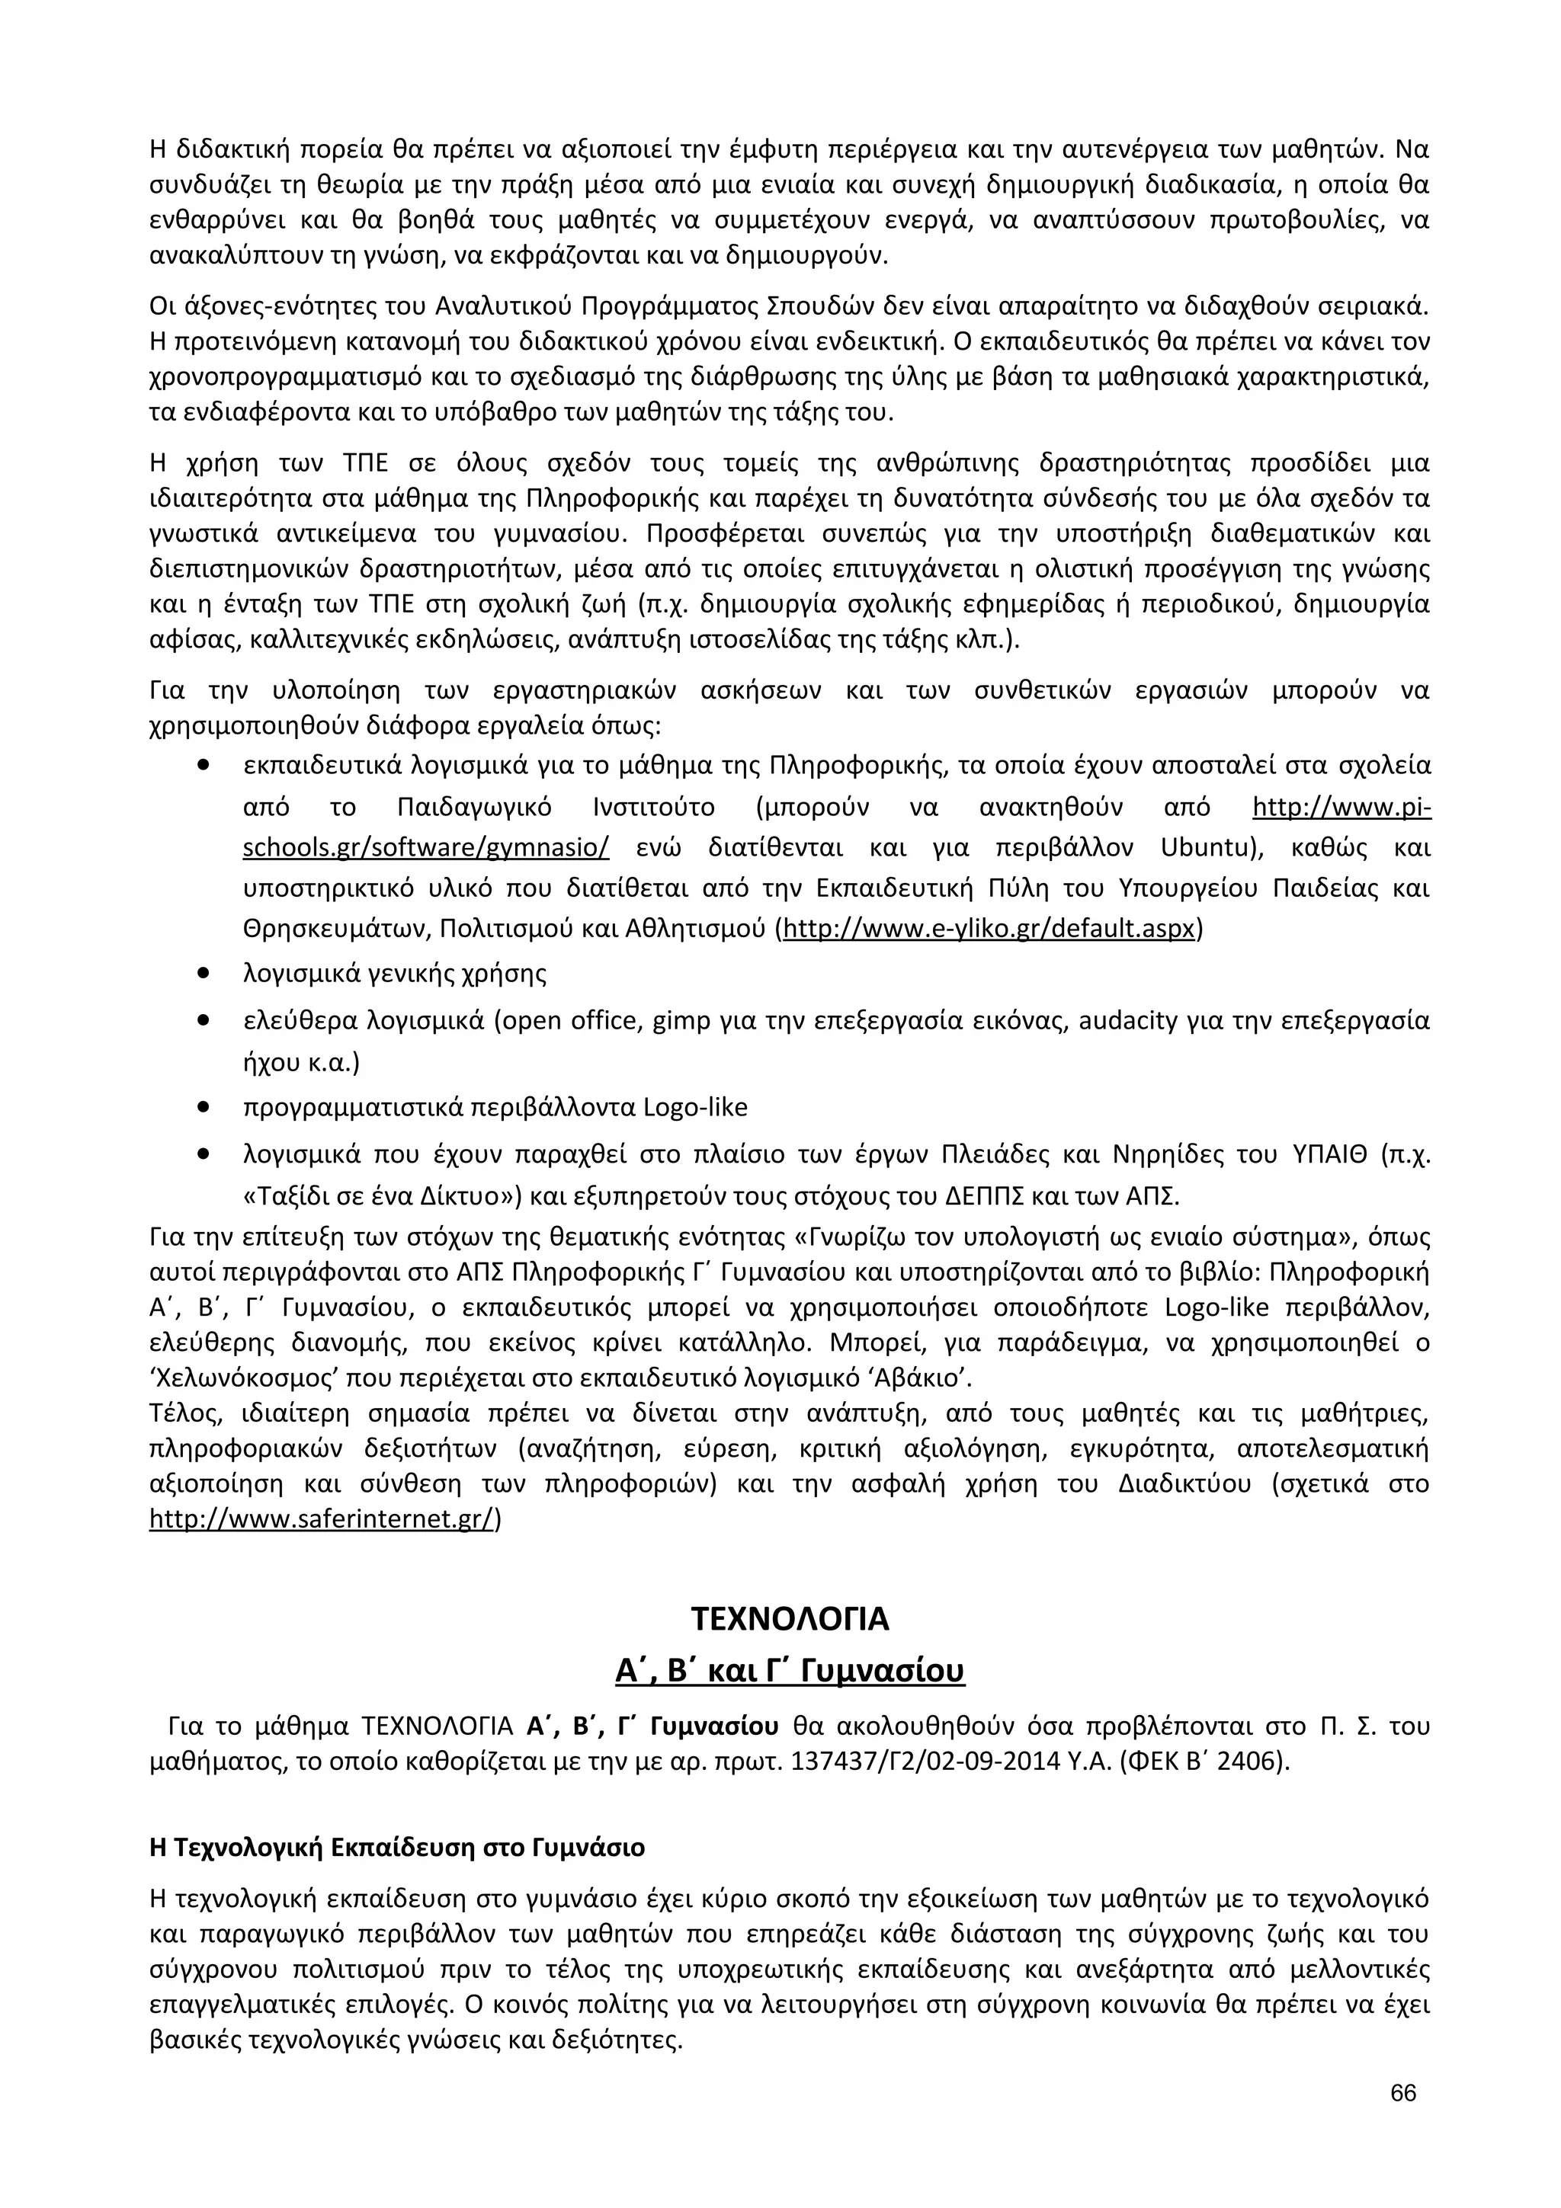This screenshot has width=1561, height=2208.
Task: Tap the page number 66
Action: point(1403,2094)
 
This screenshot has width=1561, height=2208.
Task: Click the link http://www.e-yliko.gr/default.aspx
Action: point(989,929)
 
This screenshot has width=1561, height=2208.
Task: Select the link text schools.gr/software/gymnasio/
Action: point(426,848)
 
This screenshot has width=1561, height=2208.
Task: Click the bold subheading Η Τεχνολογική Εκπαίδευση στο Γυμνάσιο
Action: point(397,1848)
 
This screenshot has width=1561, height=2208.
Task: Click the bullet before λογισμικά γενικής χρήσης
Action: point(203,973)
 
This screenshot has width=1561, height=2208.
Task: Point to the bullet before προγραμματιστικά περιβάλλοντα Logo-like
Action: point(203,1107)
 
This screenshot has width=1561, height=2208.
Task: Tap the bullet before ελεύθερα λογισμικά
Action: point(203,1020)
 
